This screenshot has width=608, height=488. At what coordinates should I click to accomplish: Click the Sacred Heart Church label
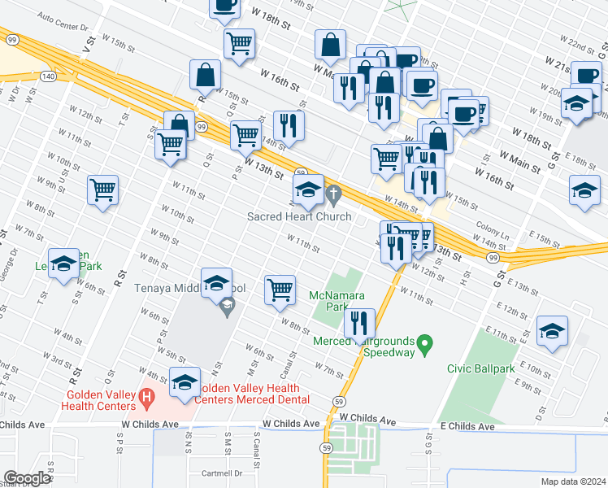pyautogui.click(x=300, y=216)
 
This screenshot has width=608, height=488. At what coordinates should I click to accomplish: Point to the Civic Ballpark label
pyautogui.click(x=481, y=368)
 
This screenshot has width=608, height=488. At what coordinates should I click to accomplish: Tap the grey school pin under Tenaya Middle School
pyautogui.click(x=228, y=306)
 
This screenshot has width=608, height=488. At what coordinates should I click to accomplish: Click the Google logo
pyautogui.click(x=27, y=478)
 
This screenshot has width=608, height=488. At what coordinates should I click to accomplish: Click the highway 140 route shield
pyautogui.click(x=50, y=76)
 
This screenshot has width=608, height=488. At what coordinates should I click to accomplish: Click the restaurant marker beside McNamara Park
pyautogui.click(x=358, y=322)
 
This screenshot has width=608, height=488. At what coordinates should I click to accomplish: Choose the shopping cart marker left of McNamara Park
pyautogui.click(x=280, y=289)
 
